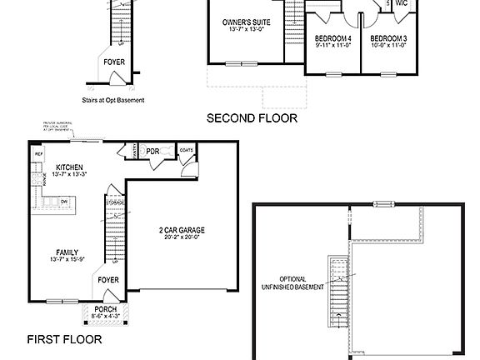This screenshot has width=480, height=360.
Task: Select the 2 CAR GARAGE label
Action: pyautogui.click(x=182, y=229)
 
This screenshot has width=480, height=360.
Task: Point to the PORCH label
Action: pyautogui.click(x=105, y=308)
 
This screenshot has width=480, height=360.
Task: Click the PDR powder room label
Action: pyautogui.click(x=153, y=152)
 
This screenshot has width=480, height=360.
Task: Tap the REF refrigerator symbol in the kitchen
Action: pyautogui.click(x=38, y=155)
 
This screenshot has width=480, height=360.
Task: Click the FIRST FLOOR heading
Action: pyautogui.click(x=64, y=339)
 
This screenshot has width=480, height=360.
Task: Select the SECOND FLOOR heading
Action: pyautogui.click(x=252, y=118)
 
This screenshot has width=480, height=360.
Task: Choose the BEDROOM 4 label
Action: pyautogui.click(x=332, y=38)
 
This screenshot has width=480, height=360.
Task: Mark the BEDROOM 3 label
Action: pyautogui.click(x=387, y=38)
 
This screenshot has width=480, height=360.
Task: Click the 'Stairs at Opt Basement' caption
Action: pyautogui.click(x=114, y=100)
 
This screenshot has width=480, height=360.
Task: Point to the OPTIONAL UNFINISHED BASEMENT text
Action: pyautogui.click(x=292, y=282)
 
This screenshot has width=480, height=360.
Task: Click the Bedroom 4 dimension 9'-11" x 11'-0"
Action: pyautogui.click(x=332, y=46)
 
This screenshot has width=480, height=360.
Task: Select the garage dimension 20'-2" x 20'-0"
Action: pyautogui.click(x=182, y=237)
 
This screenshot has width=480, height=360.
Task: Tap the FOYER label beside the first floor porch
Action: pyautogui.click(x=108, y=280)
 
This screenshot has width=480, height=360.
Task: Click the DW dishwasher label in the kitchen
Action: pyautogui.click(x=64, y=201)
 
